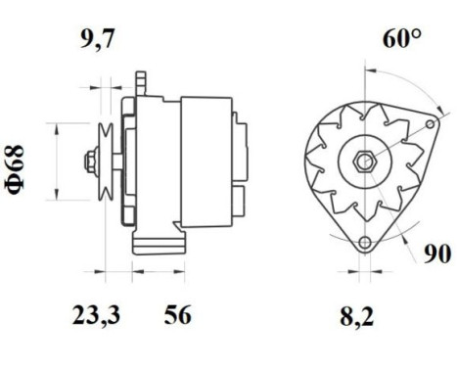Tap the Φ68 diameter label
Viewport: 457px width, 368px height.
pyautogui.click(x=15, y=169)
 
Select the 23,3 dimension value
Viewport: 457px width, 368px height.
pyautogui.click(x=97, y=315)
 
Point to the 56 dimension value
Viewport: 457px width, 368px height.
pyautogui.click(x=178, y=315)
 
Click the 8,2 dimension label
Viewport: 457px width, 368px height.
pyautogui.click(x=357, y=316)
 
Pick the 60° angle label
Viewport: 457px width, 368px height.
pyautogui.click(x=401, y=38)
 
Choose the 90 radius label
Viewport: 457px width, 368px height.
pyautogui.click(x=437, y=253)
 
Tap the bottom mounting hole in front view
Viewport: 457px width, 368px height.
pyautogui.click(x=365, y=242)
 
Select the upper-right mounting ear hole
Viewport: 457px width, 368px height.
pyautogui.click(x=431, y=124)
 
